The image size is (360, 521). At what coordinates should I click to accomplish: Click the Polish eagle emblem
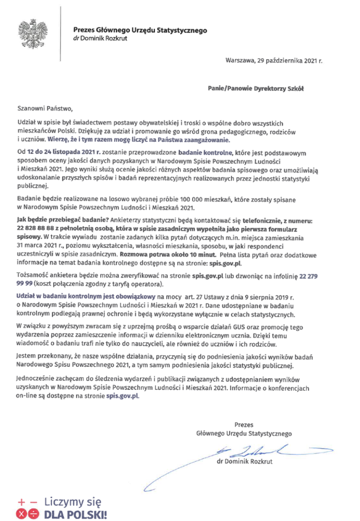[32, 34]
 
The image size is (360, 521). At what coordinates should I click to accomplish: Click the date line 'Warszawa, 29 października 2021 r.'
[274, 62]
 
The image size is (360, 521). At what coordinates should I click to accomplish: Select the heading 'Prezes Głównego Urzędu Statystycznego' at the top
[139, 30]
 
